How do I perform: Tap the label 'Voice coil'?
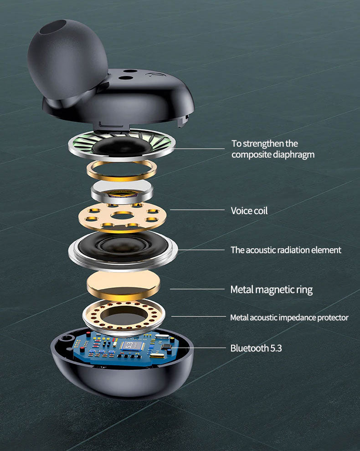[x=249, y=210]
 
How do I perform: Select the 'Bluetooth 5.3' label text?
[x=256, y=348]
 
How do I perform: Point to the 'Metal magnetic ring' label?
[x=271, y=290]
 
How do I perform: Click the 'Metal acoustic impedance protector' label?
[x=289, y=318]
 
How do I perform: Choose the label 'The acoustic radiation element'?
[x=286, y=250]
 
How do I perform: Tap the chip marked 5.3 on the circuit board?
[x=131, y=345]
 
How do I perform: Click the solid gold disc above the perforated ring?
[x=123, y=285]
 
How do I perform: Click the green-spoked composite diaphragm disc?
[x=121, y=144]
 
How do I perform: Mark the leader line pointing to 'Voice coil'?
[x=197, y=210]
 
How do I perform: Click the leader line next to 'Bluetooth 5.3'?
[x=199, y=348]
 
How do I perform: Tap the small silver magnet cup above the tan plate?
[x=122, y=192]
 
